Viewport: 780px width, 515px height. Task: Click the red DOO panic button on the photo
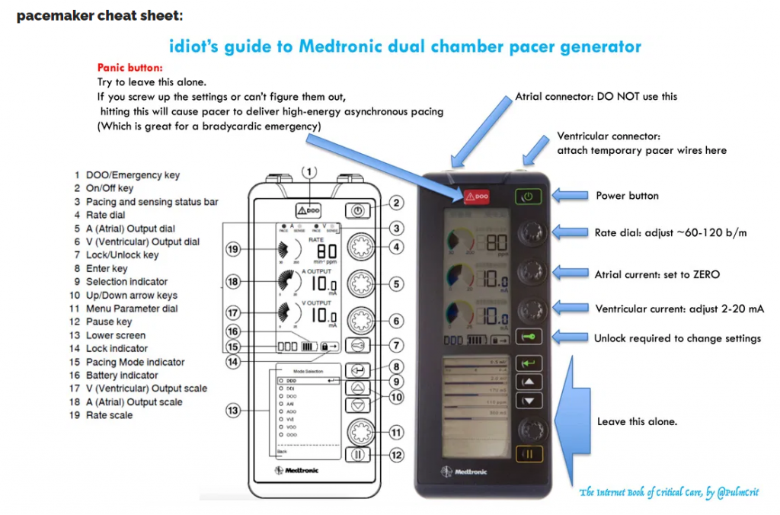click(475, 196)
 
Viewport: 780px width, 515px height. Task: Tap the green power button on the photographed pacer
click(528, 197)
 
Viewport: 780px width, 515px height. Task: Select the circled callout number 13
click(234, 411)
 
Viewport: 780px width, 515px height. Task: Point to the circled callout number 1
click(309, 173)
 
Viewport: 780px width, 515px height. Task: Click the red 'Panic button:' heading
click(130, 68)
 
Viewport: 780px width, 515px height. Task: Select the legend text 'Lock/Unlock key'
click(122, 255)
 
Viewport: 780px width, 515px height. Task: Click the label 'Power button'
click(627, 196)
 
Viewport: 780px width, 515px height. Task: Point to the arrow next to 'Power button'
click(570, 196)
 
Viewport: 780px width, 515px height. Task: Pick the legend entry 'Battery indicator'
click(122, 375)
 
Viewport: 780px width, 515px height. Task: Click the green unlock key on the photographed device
click(528, 337)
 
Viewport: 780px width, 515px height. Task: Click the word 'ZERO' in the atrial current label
click(705, 274)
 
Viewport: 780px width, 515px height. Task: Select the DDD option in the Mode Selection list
click(292, 379)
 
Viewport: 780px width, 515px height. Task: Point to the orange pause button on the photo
click(528, 455)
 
